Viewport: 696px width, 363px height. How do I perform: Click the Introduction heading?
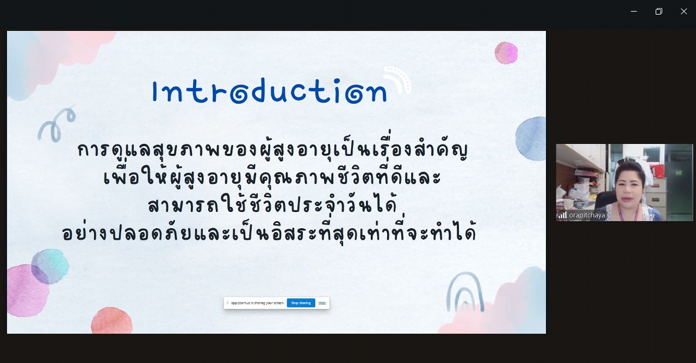270,91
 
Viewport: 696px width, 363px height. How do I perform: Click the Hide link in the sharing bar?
322,303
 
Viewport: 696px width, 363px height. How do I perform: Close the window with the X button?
684,11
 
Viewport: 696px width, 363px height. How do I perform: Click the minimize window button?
634,11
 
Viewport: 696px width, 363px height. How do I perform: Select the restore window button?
658,11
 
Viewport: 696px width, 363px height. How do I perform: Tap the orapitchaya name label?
587,215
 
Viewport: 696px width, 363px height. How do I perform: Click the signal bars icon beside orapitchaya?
563,215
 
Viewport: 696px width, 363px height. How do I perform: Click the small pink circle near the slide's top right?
506,53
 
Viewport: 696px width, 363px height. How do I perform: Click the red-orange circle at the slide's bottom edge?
112,321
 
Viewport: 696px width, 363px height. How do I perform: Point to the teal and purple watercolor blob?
50,266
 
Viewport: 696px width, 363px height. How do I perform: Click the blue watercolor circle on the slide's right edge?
530,139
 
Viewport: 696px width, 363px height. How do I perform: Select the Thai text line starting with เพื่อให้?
272,177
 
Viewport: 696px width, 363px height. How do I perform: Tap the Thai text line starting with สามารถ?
272,205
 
